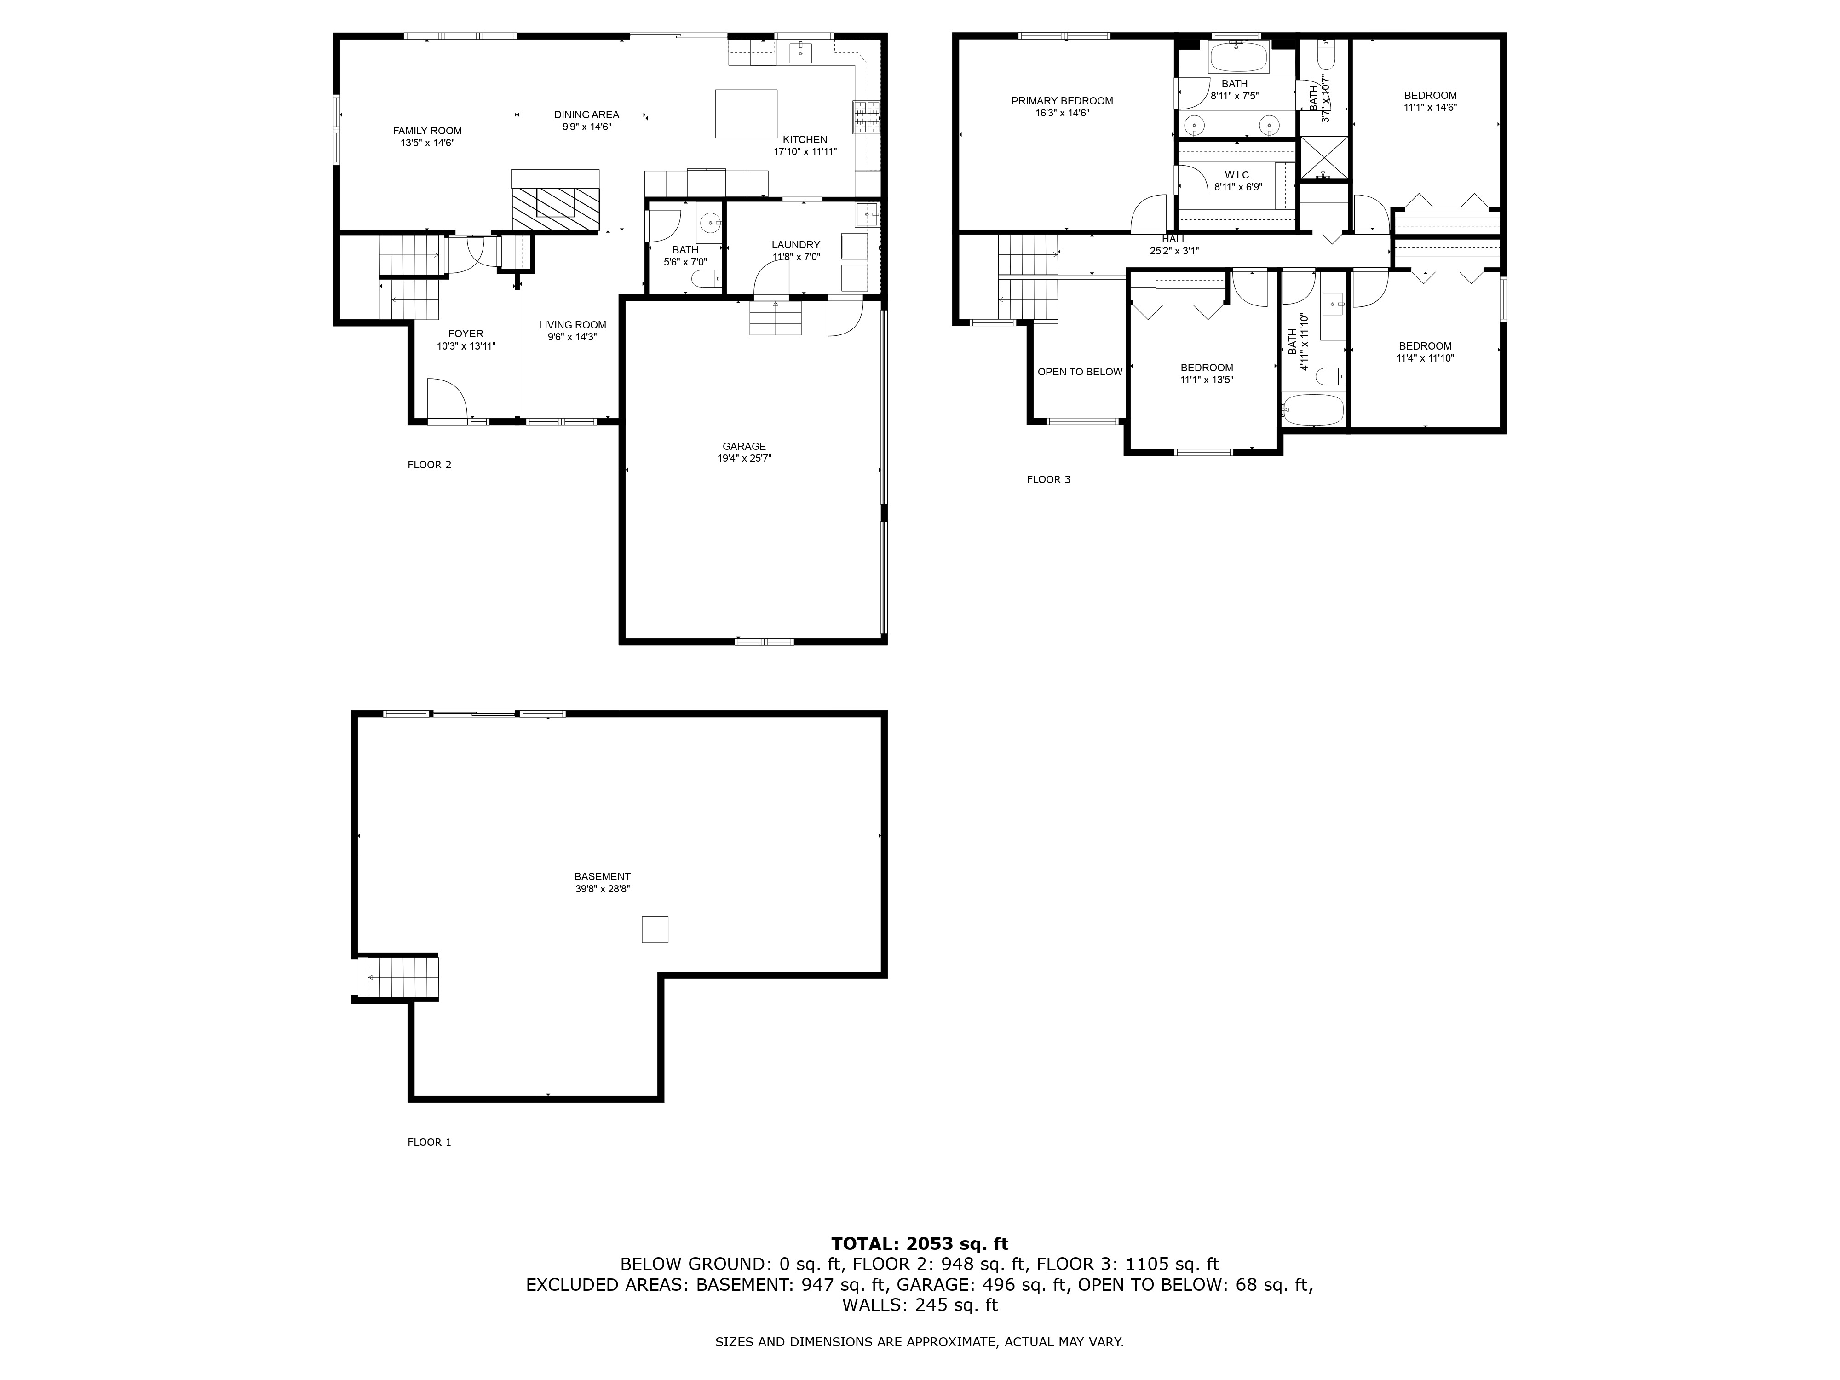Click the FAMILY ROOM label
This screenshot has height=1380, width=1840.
pos(427,131)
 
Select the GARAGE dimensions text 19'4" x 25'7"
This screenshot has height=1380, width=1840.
pos(744,458)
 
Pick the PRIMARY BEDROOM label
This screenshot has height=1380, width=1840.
pos(1061,101)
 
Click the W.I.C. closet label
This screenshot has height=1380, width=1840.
pos(1238,176)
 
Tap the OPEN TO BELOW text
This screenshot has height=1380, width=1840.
pos(1080,372)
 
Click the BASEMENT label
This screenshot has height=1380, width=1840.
pos(602,876)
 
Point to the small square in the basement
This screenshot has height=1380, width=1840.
pos(655,929)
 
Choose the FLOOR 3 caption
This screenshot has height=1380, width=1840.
pos(1048,479)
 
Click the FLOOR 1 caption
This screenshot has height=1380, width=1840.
pos(429,1142)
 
